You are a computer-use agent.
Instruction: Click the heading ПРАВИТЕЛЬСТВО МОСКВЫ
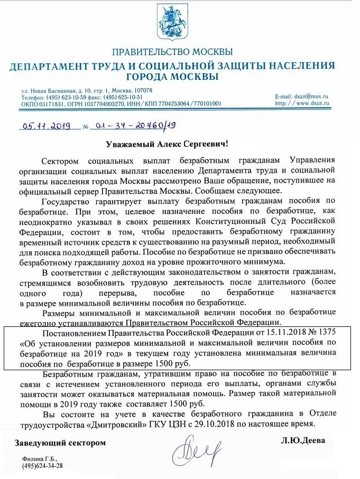(x=172, y=52)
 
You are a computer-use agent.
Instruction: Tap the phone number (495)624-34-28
(x=42, y=466)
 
